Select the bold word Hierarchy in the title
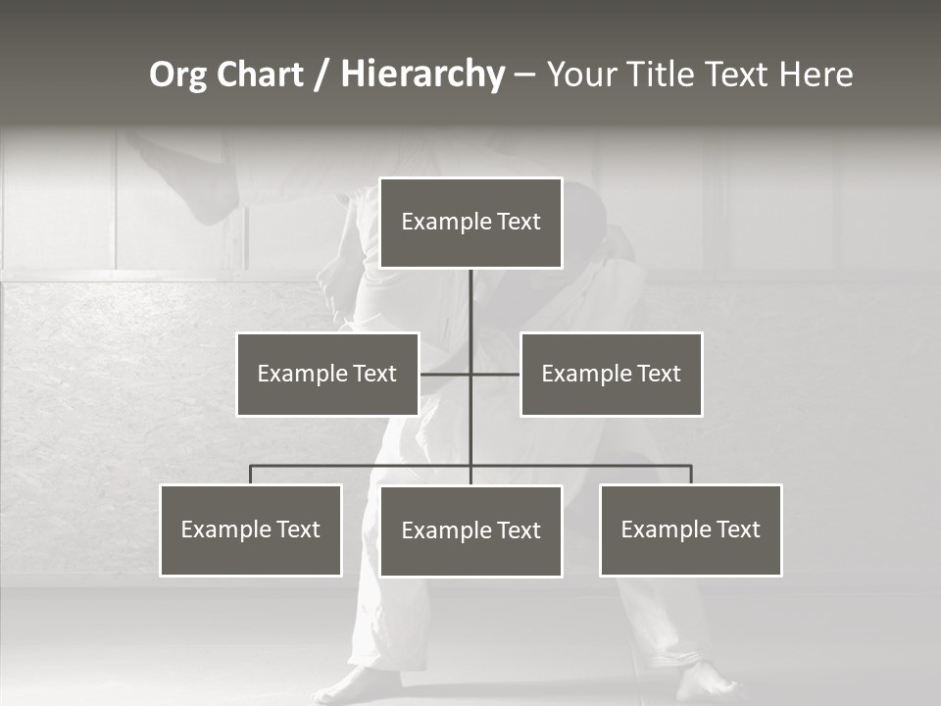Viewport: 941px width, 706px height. tap(422, 75)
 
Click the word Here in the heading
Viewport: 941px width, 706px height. tap(816, 75)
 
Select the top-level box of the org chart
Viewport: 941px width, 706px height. tap(470, 223)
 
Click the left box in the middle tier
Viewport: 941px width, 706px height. tap(327, 374)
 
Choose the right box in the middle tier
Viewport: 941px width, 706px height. tap(612, 374)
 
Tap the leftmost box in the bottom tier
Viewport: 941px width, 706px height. tap(251, 530)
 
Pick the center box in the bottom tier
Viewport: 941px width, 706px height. tap(470, 530)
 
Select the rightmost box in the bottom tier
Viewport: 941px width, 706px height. tap(691, 530)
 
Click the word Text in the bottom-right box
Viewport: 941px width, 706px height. tap(738, 529)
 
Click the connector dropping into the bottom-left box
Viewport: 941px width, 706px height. tap(251, 475)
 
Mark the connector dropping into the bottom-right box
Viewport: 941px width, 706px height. tap(691, 475)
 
